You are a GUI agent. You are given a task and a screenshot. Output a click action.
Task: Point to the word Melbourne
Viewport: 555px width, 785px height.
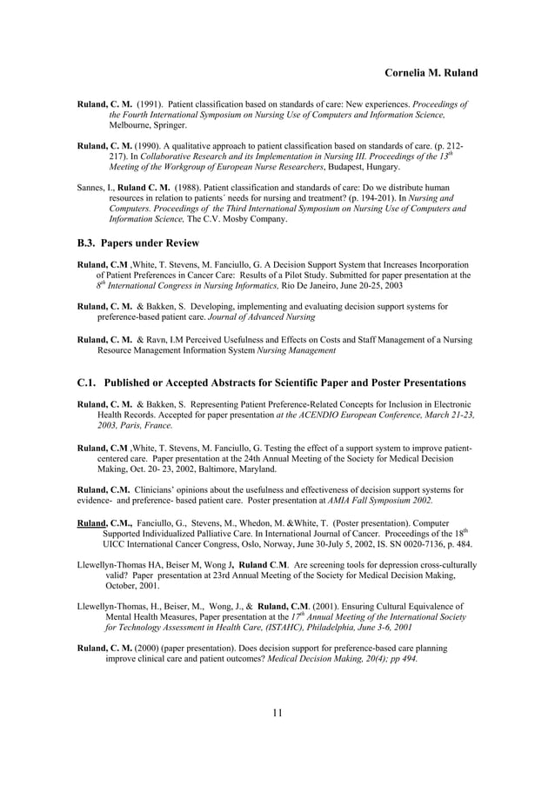click(130, 125)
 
